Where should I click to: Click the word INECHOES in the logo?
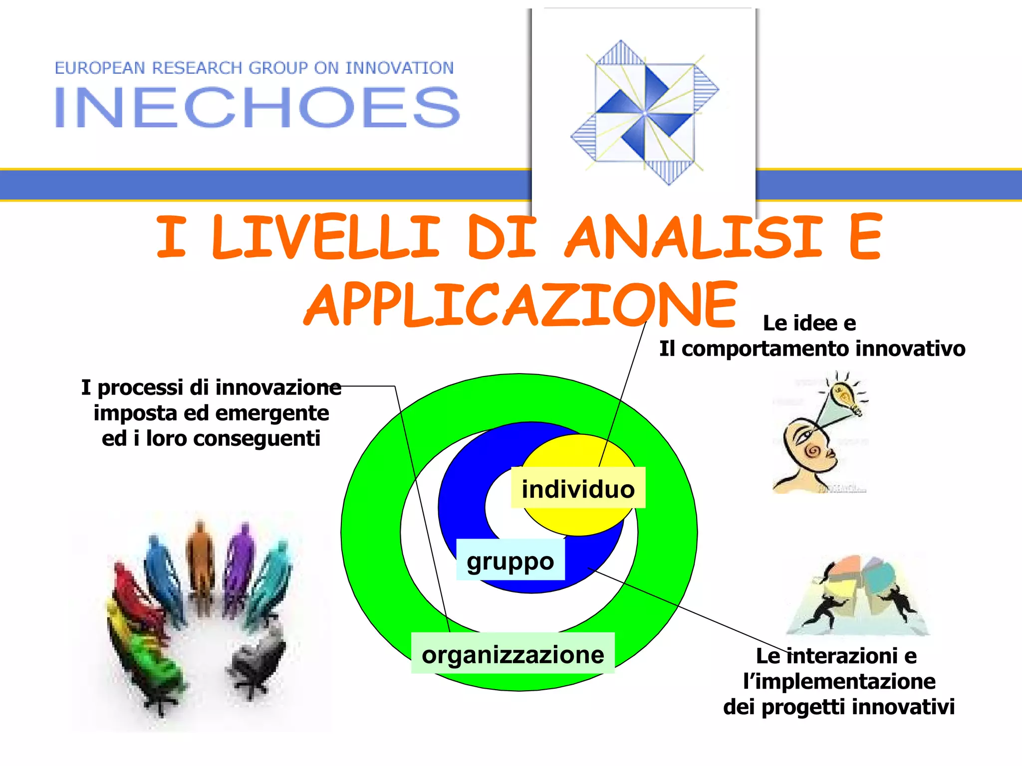coord(256,107)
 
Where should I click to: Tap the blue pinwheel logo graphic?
coord(645,113)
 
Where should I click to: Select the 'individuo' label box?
coord(578,488)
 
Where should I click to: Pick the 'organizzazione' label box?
coord(512,654)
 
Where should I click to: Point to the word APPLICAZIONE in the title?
coord(520,304)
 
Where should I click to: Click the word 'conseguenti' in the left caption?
coord(256,439)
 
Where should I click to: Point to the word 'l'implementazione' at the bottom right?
coord(839,681)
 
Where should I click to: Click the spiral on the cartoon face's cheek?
coord(813,451)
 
